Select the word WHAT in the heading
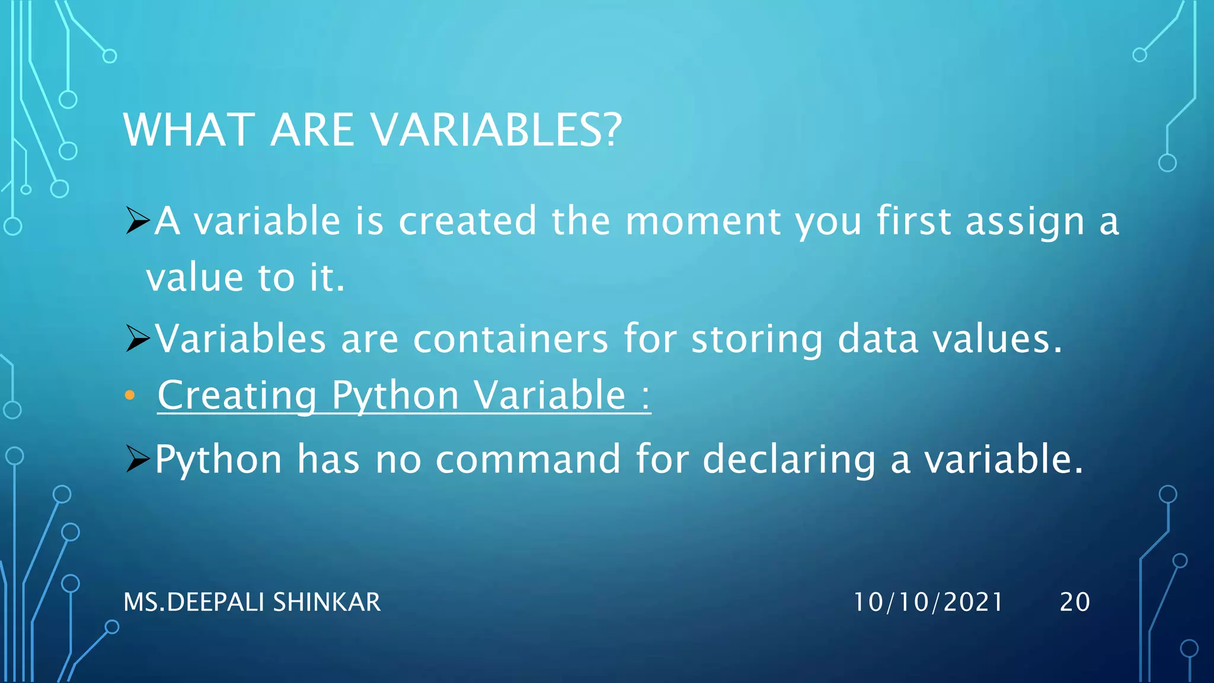(189, 130)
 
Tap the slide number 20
(1075, 602)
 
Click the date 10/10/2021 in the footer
(928, 602)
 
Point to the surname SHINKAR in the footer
(327, 602)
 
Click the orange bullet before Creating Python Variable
(130, 395)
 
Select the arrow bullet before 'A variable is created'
(138, 221)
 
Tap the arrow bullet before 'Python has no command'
(138, 459)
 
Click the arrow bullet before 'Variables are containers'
(138, 339)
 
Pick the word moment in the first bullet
(702, 221)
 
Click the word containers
(510, 339)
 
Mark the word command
(528, 459)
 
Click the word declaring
(789, 460)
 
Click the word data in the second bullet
(878, 339)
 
